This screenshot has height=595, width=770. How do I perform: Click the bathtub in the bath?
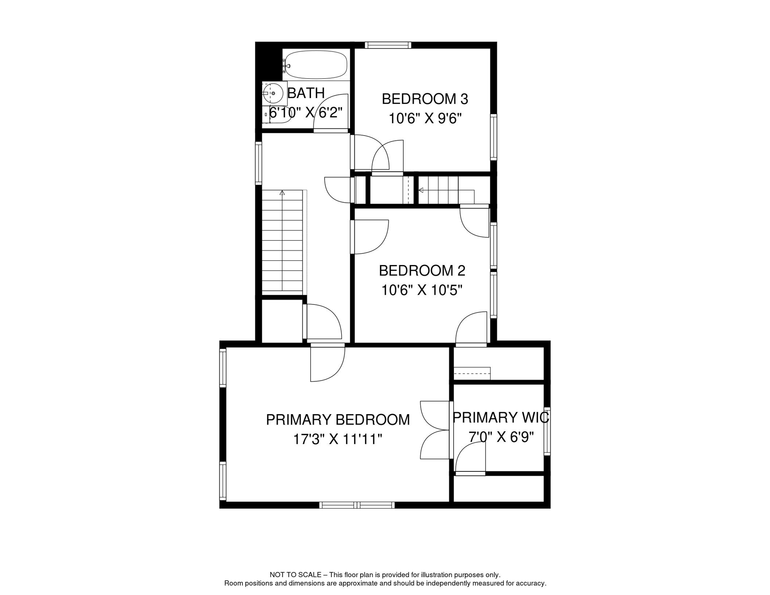pyautogui.click(x=316, y=65)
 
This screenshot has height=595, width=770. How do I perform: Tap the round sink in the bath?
pyautogui.click(x=273, y=93)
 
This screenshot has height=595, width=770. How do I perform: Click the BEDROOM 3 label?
pyautogui.click(x=425, y=99)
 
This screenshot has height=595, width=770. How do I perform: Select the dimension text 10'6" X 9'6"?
pyautogui.click(x=425, y=119)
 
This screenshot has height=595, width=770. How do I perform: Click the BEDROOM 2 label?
pyautogui.click(x=422, y=271)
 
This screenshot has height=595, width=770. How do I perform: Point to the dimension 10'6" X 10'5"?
pyautogui.click(x=422, y=290)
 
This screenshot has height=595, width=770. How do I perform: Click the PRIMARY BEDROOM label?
pyautogui.click(x=338, y=420)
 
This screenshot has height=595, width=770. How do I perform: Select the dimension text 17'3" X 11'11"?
pyautogui.click(x=338, y=439)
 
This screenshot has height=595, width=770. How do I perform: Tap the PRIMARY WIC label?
pyautogui.click(x=500, y=418)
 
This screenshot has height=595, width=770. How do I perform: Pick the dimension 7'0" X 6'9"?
pyautogui.click(x=501, y=437)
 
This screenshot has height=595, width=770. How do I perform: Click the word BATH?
pyautogui.click(x=306, y=93)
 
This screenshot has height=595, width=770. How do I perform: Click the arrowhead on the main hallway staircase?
pyautogui.click(x=282, y=193)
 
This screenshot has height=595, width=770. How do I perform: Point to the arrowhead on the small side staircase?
pyautogui.click(x=421, y=190)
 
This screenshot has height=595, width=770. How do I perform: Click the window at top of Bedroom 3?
pyautogui.click(x=388, y=45)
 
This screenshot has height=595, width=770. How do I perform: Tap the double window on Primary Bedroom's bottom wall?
pyautogui.click(x=357, y=505)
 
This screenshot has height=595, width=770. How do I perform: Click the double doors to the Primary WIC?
pyautogui.click(x=436, y=430)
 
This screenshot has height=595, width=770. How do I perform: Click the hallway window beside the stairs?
pyautogui.click(x=259, y=163)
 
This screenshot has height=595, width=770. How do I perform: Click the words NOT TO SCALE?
pyautogui.click(x=296, y=575)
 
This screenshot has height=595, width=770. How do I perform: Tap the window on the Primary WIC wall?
pyautogui.click(x=547, y=431)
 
